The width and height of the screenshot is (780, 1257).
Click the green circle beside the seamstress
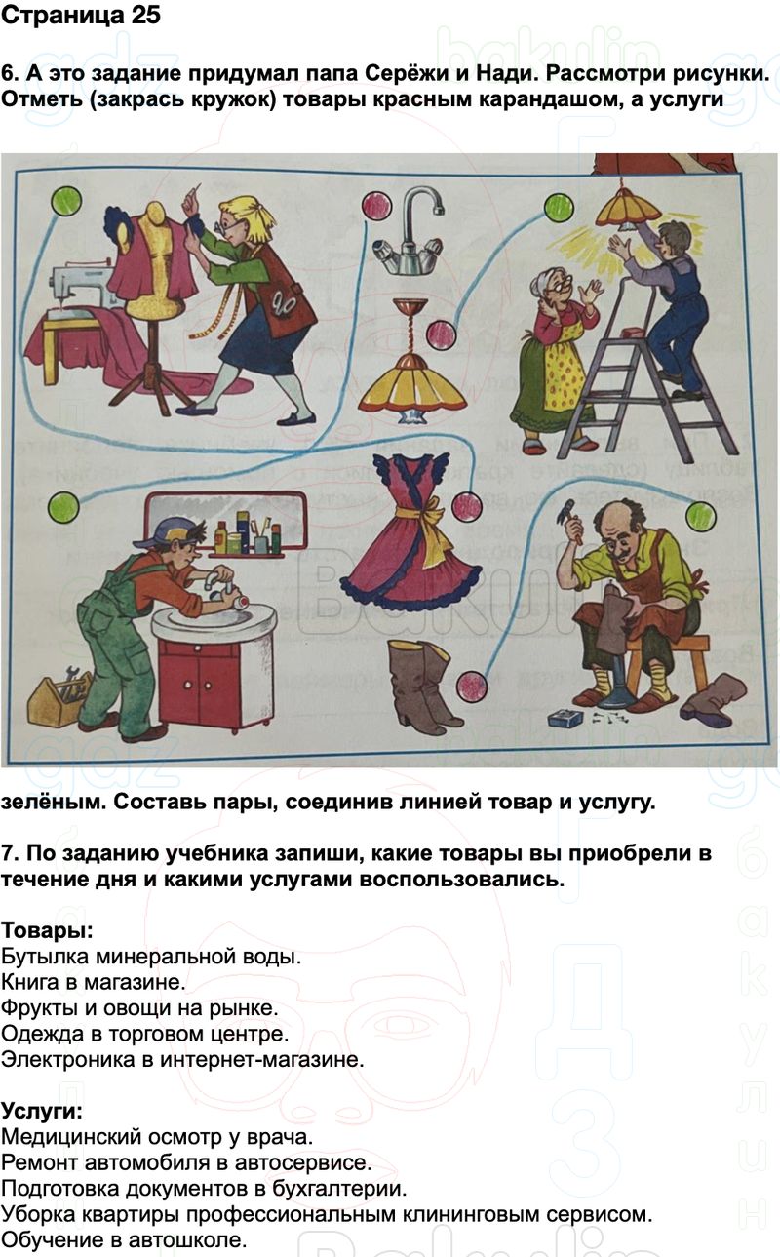click(66, 200)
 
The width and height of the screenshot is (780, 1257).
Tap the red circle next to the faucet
click(376, 206)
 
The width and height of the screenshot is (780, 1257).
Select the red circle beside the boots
click(471, 686)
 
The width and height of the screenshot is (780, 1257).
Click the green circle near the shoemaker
click(700, 515)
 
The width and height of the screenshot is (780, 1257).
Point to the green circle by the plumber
click(63, 507)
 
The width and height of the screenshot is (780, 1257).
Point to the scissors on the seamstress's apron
click(280, 304)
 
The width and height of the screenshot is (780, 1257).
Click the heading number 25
click(146, 16)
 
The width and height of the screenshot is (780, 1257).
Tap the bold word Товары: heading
click(47, 931)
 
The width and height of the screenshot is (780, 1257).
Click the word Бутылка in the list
click(44, 957)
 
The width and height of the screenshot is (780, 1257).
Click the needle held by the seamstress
click(195, 190)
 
